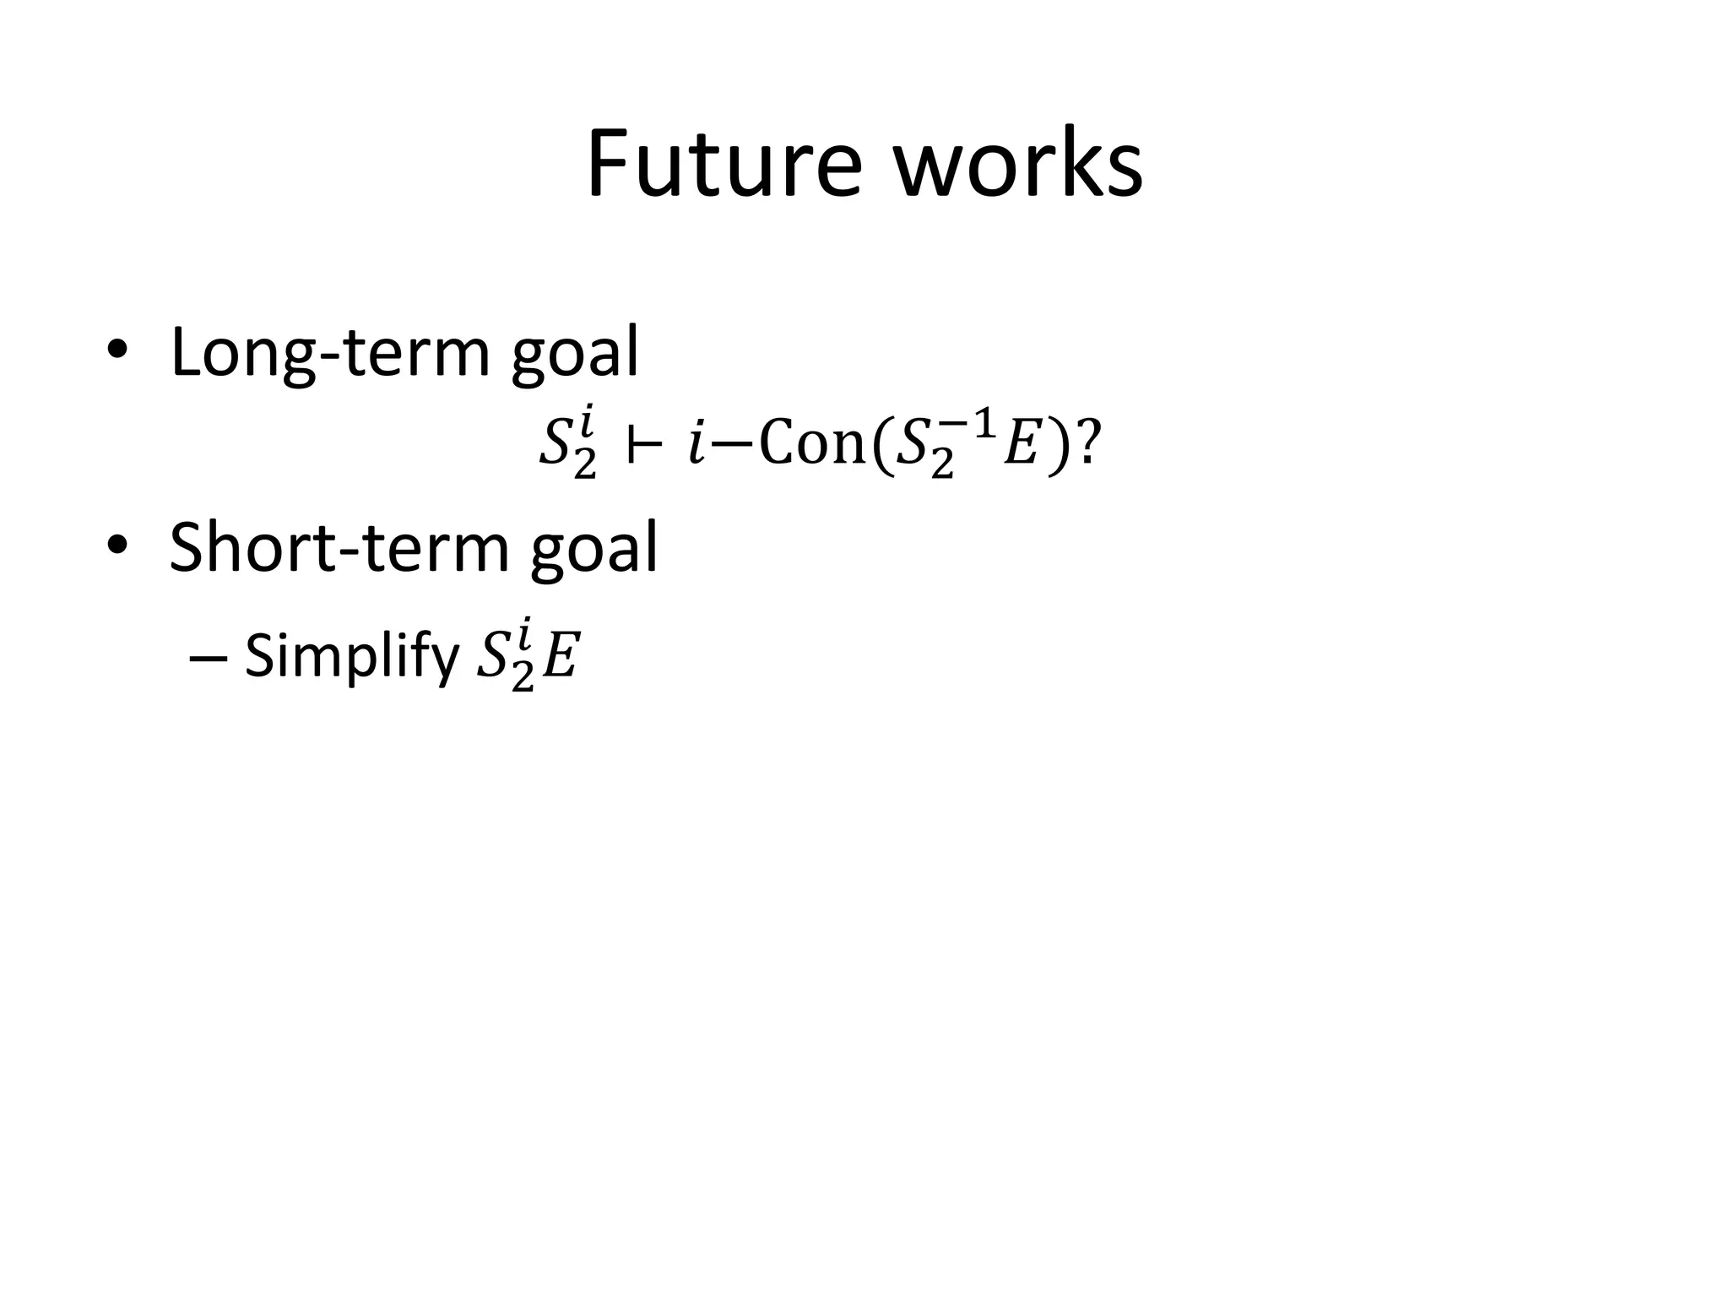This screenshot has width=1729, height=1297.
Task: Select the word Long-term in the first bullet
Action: [x=329, y=353]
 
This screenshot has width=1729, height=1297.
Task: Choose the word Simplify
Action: [x=351, y=656]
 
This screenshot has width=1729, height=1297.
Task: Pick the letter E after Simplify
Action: [x=559, y=658]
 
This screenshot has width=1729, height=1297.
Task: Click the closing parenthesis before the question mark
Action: [x=1058, y=445]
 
